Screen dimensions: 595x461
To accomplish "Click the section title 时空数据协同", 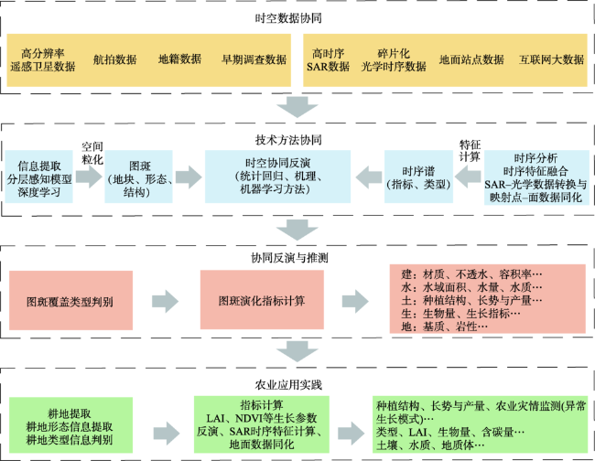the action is (x=288, y=17).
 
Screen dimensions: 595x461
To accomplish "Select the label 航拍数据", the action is (x=114, y=59).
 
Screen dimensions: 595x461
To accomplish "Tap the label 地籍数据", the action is (x=179, y=59).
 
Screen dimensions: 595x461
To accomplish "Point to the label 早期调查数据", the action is (x=254, y=59).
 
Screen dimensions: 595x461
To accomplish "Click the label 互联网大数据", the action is (x=551, y=59).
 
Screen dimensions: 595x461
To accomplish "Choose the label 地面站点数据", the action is (x=471, y=59).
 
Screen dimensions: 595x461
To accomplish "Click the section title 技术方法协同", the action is (x=288, y=140).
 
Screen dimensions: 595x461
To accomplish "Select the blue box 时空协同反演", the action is (x=277, y=177).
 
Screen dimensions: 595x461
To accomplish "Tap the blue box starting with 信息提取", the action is (x=38, y=177).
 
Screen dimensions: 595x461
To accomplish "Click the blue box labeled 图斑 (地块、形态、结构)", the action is (x=138, y=177).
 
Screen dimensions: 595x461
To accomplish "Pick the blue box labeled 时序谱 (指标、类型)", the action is (x=418, y=177).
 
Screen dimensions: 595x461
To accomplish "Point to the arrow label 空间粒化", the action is (x=92, y=153).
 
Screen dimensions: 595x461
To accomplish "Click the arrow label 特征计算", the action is (x=470, y=150).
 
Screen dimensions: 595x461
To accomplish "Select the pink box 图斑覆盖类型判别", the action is (x=71, y=300).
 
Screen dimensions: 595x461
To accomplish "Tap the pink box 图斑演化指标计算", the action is (x=262, y=299).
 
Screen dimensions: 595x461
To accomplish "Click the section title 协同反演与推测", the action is (x=289, y=258).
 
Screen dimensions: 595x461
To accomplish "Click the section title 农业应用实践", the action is (x=288, y=385).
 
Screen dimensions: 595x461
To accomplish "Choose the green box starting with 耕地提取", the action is (x=71, y=425).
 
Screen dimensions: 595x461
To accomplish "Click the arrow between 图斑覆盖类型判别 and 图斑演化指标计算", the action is (x=166, y=302).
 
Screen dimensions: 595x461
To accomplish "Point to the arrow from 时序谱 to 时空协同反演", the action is (x=369, y=177).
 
